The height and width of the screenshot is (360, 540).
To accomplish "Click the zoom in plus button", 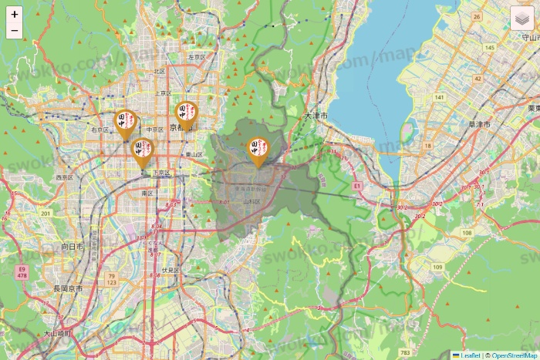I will (15, 14).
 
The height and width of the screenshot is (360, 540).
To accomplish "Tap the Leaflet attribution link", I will (470, 355).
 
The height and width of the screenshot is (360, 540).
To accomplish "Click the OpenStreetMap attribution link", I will (514, 355).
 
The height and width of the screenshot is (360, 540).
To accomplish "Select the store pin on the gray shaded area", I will (258, 151).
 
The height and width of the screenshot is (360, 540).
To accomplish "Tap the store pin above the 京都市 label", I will (186, 115).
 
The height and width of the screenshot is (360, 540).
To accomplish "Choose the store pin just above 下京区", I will (143, 152).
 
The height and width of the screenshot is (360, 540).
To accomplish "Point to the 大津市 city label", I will (316, 116).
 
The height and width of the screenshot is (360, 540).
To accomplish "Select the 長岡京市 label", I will (68, 288).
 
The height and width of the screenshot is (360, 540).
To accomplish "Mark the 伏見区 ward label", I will (170, 271).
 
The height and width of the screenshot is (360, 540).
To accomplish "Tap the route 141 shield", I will (439, 97).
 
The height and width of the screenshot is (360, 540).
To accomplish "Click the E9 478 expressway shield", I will (21, 271).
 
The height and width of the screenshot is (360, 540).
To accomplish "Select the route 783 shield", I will (406, 353).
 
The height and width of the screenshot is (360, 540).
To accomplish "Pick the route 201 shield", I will (46, 214).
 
